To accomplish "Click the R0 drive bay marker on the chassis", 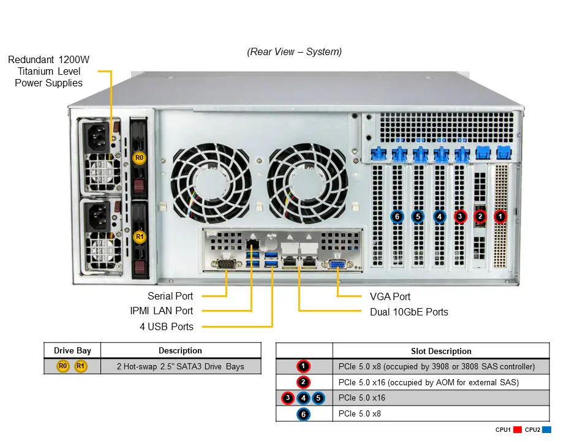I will point(140,158).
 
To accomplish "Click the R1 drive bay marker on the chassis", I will point(140,236).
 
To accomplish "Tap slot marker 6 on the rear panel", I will point(397,216).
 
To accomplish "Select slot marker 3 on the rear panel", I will point(460,216).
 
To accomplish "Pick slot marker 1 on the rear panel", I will point(500,216).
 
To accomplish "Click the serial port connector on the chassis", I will point(227,265).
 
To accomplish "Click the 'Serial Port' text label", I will point(170,296).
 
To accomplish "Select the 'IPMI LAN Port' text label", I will point(162,311).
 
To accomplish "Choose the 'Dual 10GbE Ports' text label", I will point(409,312).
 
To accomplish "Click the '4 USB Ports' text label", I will point(167,326).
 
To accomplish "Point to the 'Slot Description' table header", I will point(441,351).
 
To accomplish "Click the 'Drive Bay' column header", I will point(72,350).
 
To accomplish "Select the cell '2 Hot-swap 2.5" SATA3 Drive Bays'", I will point(180,366).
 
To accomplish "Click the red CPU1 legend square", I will point(517,430).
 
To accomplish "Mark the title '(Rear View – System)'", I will point(295,51).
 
